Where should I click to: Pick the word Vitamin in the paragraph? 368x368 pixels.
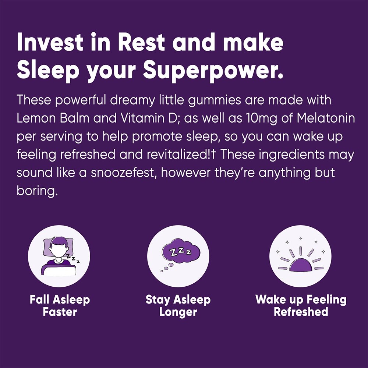(x=136, y=119)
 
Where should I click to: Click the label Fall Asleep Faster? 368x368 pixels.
(x=60, y=305)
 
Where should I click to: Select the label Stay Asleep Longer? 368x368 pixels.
(x=178, y=305)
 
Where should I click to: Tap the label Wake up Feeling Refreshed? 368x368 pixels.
(x=301, y=305)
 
